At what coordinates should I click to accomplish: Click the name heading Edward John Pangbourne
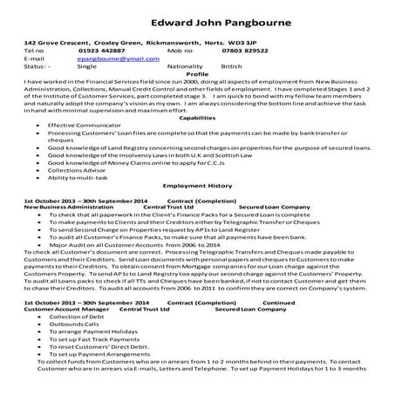click(x=197, y=22)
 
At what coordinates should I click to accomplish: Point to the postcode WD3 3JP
click(x=244, y=42)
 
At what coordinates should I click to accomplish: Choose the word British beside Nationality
click(x=232, y=65)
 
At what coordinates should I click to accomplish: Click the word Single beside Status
click(x=87, y=65)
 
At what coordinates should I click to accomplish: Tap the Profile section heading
click(x=198, y=73)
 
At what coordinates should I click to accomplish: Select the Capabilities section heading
click(x=197, y=117)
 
